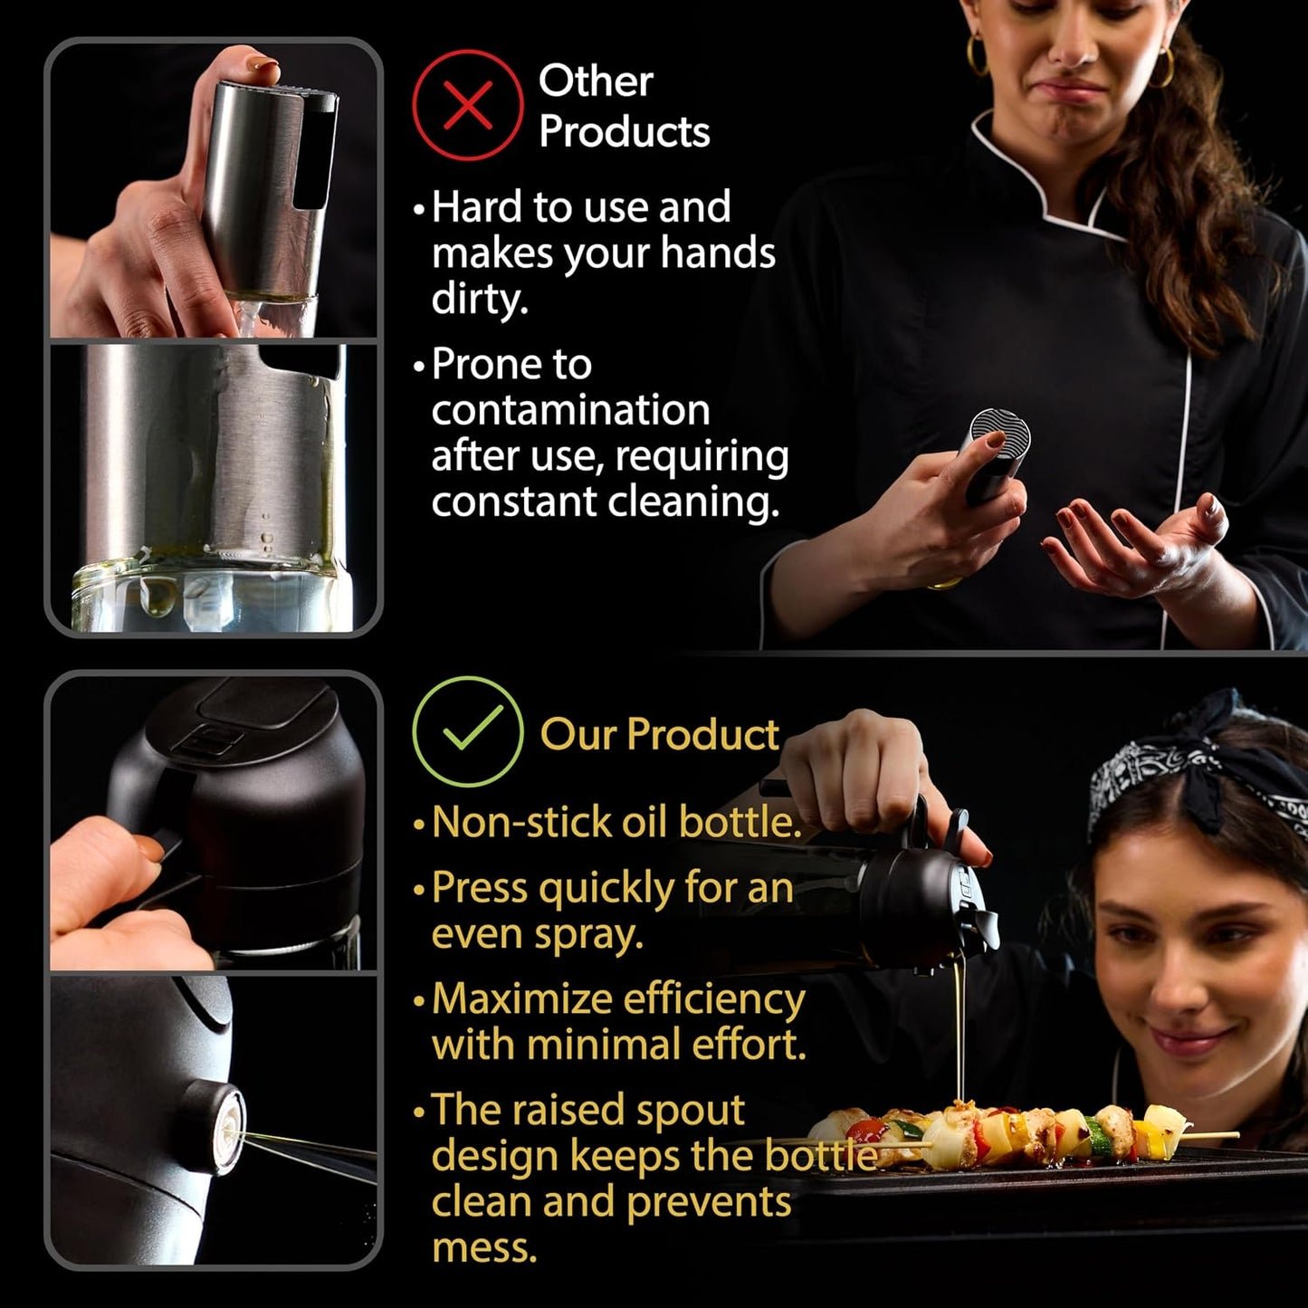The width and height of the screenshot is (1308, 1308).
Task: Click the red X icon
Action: tap(468, 105)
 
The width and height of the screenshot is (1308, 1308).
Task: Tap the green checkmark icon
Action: tap(468, 731)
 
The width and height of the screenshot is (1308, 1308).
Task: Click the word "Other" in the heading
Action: tap(596, 81)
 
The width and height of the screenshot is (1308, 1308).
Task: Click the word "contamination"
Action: tap(571, 411)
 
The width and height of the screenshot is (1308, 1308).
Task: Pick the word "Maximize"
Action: tap(521, 999)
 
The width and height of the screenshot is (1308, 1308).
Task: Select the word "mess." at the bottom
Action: tap(484, 1247)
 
